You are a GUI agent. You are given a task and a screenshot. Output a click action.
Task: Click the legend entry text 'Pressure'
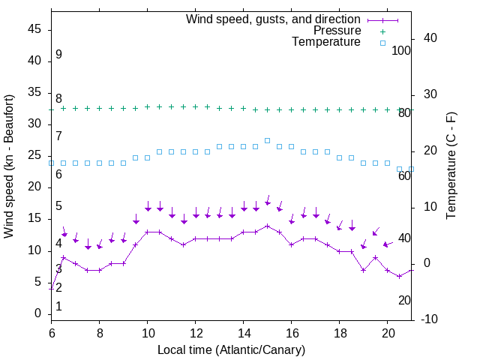pyautogui.click(x=337, y=31)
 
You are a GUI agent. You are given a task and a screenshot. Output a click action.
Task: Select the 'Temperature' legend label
pyautogui.click(x=326, y=42)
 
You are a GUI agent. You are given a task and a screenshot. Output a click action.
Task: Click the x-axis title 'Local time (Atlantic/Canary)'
pyautogui.click(x=231, y=350)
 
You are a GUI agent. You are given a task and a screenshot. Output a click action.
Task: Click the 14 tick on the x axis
pyautogui.click(x=243, y=332)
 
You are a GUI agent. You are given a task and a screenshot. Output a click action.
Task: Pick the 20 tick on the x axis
pyautogui.click(x=387, y=332)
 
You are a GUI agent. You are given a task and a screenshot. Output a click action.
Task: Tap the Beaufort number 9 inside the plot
pyautogui.click(x=58, y=55)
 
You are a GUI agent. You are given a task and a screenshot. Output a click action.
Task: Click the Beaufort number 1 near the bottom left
pyautogui.click(x=58, y=307)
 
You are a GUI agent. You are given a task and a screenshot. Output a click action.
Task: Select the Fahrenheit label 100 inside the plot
pyautogui.click(x=402, y=50)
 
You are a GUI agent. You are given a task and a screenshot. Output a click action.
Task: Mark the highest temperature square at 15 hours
pyautogui.click(x=267, y=140)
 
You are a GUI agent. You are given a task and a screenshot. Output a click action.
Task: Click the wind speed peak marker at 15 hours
pyautogui.click(x=267, y=226)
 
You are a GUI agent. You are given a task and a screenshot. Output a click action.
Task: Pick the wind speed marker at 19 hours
pyautogui.click(x=363, y=270)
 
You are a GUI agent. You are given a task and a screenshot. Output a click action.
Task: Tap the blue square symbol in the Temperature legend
pyautogui.click(x=382, y=43)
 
